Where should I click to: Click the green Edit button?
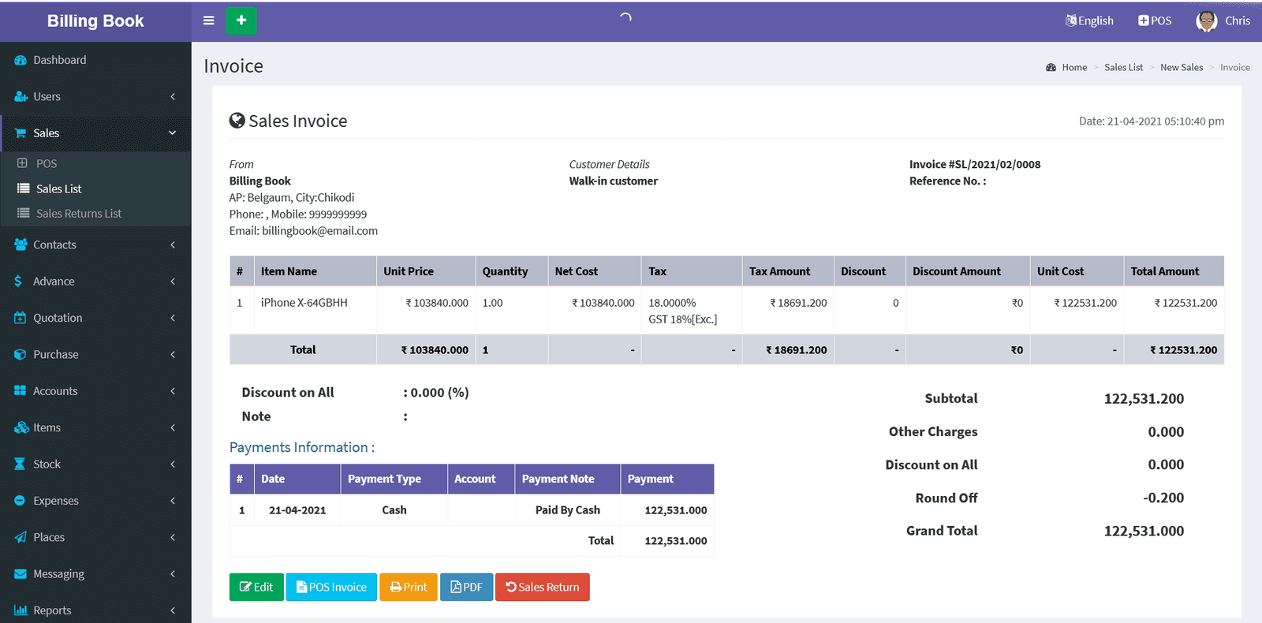click(x=256, y=587)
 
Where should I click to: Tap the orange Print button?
click(x=409, y=587)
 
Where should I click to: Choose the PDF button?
click(x=466, y=587)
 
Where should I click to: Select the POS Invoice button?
click(x=331, y=587)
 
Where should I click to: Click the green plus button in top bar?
click(x=241, y=21)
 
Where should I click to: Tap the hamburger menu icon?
click(x=209, y=21)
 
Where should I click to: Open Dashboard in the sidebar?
click(x=59, y=60)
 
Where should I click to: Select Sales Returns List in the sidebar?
click(x=78, y=214)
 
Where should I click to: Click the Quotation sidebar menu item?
click(x=58, y=318)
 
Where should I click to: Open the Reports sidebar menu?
click(x=52, y=610)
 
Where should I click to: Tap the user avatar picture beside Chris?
click(x=1206, y=21)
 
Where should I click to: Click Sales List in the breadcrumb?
click(x=1123, y=68)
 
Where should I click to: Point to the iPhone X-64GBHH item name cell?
click(x=304, y=303)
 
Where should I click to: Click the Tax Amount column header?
click(x=779, y=271)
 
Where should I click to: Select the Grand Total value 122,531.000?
click(x=1144, y=531)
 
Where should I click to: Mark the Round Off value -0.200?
click(x=1163, y=498)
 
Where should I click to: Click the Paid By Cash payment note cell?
click(x=567, y=510)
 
